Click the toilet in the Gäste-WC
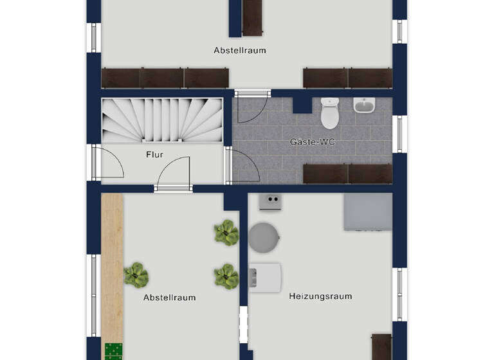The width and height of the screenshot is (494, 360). pyautogui.click(x=329, y=113)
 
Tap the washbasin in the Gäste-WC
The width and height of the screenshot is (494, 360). pyautogui.click(x=364, y=105)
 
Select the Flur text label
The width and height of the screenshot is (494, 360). pyautogui.click(x=154, y=155)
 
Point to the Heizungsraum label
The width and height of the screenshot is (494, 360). pyautogui.click(x=320, y=296)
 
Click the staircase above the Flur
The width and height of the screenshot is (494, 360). pyautogui.click(x=162, y=120)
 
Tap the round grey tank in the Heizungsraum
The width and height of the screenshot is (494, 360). pyautogui.click(x=264, y=238)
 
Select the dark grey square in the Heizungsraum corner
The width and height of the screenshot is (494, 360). pyautogui.click(x=367, y=212)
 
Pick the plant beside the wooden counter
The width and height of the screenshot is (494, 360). pyautogui.click(x=136, y=275)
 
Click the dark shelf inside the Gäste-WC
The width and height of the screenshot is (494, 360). pyautogui.click(x=347, y=174)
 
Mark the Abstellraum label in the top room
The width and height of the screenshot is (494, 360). pyautogui.click(x=240, y=50)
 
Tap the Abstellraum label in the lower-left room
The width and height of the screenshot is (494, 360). pyautogui.click(x=169, y=298)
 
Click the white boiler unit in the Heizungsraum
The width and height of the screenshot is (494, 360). pyautogui.click(x=265, y=278)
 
